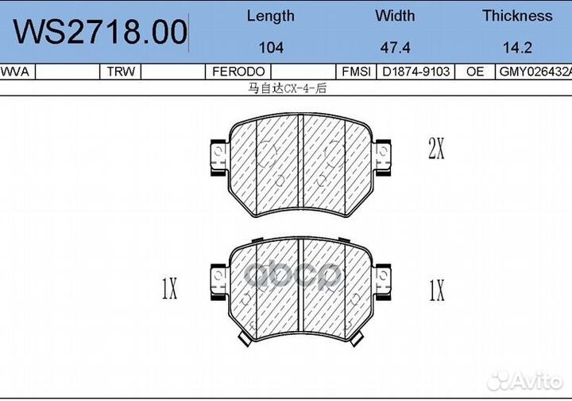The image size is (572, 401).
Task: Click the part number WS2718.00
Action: point(100,32)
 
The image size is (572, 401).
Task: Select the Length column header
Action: point(271,17)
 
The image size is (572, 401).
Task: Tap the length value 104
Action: point(271,48)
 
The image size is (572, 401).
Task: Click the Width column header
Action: point(395,16)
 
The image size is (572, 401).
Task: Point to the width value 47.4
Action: point(395,48)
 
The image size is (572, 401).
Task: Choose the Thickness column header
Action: point(517,16)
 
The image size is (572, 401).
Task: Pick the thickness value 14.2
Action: point(517,48)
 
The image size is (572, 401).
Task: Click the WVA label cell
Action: point(15,72)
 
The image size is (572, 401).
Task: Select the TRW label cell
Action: point(121,72)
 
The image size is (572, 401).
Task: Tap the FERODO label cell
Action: point(238,72)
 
